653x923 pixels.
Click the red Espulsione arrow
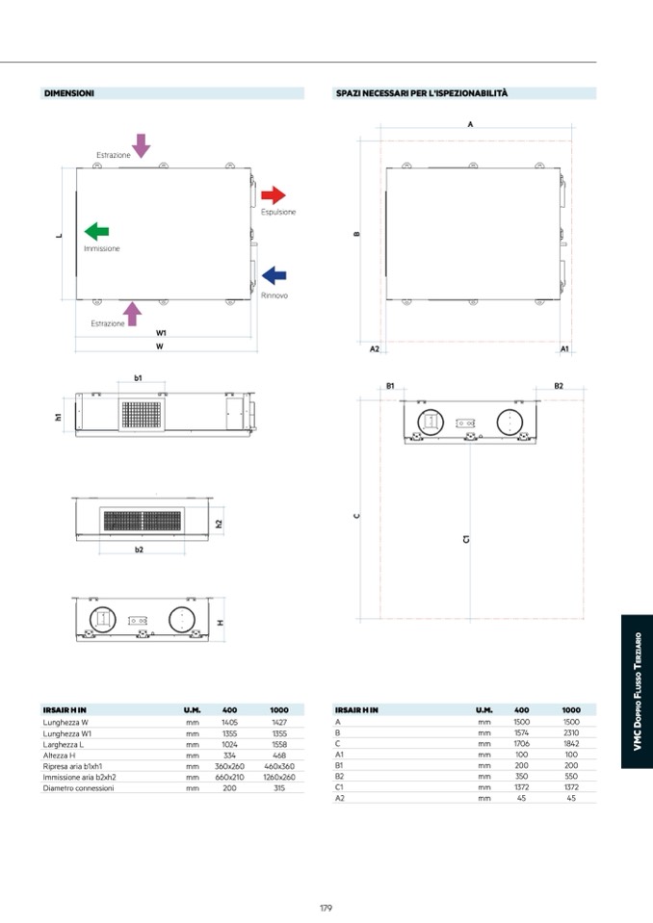point(274,195)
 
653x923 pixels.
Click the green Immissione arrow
point(96,231)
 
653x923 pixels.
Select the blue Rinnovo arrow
point(274,276)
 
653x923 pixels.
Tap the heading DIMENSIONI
point(68,93)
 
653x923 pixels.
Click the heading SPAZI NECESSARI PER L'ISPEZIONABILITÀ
point(422,93)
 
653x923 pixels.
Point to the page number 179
point(326,907)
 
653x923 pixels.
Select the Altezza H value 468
point(279,755)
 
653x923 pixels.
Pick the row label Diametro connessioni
point(78,787)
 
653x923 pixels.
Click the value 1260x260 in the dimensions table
point(279,776)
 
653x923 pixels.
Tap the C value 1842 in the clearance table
point(571,743)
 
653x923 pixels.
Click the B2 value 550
point(571,776)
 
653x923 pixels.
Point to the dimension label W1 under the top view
point(161,332)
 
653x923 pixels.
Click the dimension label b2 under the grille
point(139,550)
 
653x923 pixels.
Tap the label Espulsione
point(278,212)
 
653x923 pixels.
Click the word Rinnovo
point(274,295)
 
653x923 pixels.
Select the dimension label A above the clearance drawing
point(470,124)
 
